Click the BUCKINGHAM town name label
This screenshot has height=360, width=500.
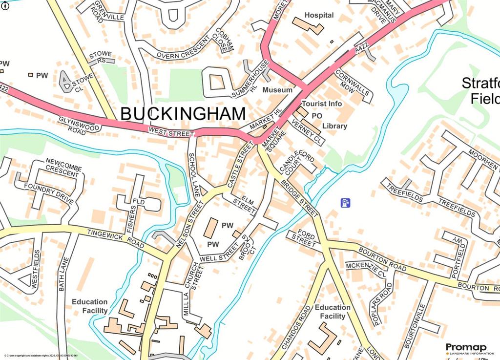(183, 114)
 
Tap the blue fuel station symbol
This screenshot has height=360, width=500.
(346, 202)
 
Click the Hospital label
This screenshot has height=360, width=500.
(319, 15)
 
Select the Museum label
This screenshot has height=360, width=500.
(277, 90)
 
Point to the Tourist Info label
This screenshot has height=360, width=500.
(322, 104)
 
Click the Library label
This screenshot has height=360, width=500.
(334, 126)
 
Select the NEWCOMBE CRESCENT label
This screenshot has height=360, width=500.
(62, 167)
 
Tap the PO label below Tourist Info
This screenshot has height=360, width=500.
(316, 116)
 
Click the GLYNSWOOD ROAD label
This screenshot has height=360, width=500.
(80, 125)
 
